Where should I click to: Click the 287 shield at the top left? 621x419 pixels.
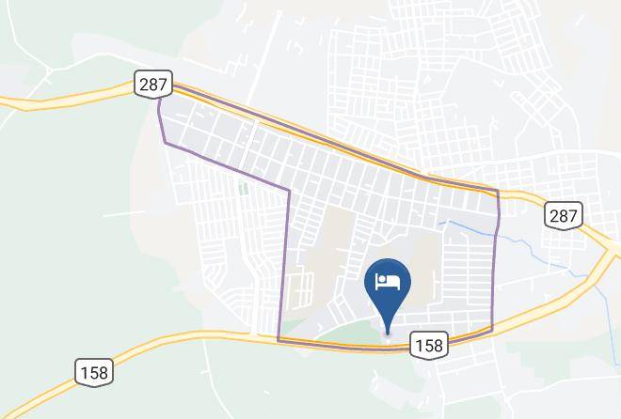152,85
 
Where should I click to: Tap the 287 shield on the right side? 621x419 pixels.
563,215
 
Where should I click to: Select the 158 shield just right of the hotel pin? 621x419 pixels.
427,346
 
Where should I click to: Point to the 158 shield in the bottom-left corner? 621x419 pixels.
94,372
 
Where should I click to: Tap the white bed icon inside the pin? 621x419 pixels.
388,280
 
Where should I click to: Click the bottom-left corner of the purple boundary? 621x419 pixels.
279,339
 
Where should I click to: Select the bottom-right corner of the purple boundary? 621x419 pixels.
491,330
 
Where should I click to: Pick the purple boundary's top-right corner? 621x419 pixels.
497,192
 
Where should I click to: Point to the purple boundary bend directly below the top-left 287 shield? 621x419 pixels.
158,105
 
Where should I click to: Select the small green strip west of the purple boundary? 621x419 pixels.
243,188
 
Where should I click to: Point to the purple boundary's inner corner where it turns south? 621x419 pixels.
288,191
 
